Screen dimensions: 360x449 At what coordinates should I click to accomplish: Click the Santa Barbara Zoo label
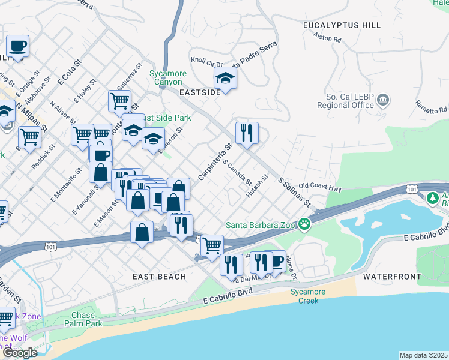pos(261,226)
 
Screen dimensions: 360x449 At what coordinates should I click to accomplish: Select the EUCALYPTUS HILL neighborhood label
pos(342,25)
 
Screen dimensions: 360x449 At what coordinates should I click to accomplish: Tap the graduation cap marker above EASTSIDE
pos(225,78)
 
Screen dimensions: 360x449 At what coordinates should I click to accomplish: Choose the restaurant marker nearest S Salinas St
pos(247,133)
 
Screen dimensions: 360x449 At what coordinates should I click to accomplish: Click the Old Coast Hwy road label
pos(319,187)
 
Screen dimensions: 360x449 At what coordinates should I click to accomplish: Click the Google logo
pos(20,353)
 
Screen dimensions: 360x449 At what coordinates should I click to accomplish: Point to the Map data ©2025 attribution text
pos(423,355)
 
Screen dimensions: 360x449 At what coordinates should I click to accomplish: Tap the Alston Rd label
pos(327,37)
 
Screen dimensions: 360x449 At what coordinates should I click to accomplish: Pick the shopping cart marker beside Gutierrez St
pos(119,100)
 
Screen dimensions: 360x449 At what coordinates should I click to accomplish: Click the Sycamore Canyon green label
pos(167,78)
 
